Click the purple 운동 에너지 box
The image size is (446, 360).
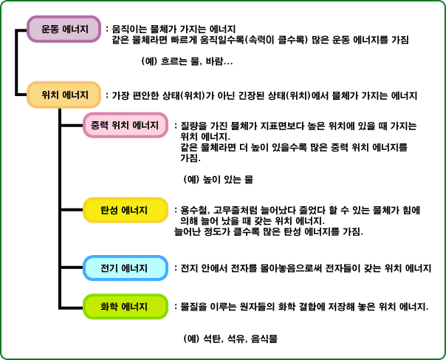coord(64,29)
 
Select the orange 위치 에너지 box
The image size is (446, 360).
coord(64,95)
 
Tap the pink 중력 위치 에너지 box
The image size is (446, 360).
coord(126,125)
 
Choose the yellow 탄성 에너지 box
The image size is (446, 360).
coord(126,210)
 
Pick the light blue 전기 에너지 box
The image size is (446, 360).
coord(126,268)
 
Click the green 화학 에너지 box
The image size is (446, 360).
coord(126,307)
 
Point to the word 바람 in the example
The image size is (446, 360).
coord(214,61)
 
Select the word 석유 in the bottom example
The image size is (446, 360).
coord(236,339)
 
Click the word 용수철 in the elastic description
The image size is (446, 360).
coord(194,211)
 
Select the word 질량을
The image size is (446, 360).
coord(193,126)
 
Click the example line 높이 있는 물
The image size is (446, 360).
coord(227,180)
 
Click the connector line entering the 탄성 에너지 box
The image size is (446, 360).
coord(72,210)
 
